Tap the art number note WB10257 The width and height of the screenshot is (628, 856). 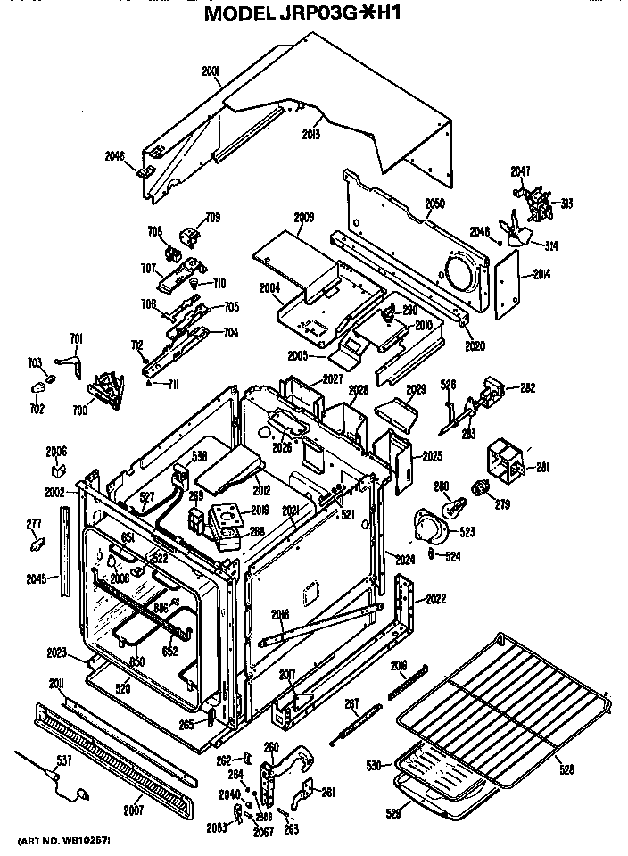[63, 841]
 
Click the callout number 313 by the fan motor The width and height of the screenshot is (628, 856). [566, 204]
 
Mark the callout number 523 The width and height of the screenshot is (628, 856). [467, 532]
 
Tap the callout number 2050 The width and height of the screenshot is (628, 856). [434, 204]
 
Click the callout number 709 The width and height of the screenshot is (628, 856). [213, 217]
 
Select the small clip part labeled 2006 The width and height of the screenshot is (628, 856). [58, 467]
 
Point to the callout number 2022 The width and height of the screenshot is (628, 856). [436, 598]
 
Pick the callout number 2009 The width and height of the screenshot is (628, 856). [304, 217]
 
